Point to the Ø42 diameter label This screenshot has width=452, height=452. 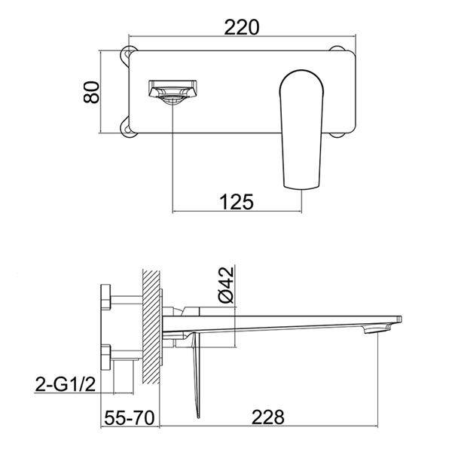click(x=224, y=286)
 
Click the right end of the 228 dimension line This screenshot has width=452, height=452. click(x=374, y=426)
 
